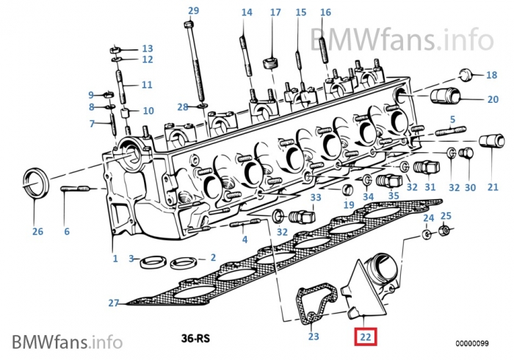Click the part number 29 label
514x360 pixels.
point(193,10)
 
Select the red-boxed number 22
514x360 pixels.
point(364,337)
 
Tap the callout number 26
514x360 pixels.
point(37,231)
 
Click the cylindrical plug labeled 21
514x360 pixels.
point(491,141)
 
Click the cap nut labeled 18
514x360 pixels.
point(465,74)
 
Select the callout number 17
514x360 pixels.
point(275,12)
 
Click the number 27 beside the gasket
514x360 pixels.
point(113,303)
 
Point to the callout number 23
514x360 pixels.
point(314,337)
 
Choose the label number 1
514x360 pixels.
point(115,259)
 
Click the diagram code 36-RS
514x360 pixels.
point(196,339)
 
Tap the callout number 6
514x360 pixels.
point(66,231)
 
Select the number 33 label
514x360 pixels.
point(315,198)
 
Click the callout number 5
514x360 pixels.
point(452,119)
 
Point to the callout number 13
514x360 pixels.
point(147,48)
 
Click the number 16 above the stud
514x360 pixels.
point(325,12)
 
